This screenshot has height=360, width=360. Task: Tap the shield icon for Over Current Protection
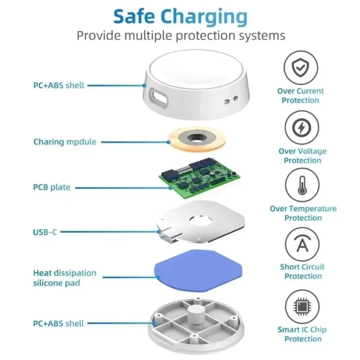[301, 67]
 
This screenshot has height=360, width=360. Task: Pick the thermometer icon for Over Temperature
[302, 186]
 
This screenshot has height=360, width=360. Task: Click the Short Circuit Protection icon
[302, 245]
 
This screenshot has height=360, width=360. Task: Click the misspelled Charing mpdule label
[65, 141]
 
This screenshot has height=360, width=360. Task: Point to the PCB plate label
[51, 187]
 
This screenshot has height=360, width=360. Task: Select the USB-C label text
[45, 232]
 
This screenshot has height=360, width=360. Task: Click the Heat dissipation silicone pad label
[65, 278]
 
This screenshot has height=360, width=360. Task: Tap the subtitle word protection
[215, 35]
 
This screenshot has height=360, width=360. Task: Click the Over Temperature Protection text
[303, 213]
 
